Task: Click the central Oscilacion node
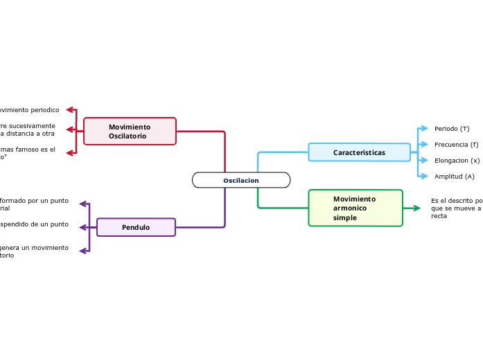tap(240, 180)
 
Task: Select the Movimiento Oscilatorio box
tap(130, 132)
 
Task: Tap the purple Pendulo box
tap(136, 227)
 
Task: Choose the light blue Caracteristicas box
tap(359, 152)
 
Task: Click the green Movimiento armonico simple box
tap(355, 208)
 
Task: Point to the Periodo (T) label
tap(451, 129)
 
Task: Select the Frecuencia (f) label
tap(456, 145)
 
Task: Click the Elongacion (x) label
tap(457, 161)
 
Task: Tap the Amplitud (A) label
tap(454, 177)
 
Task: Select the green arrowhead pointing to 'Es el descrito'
tap(416, 208)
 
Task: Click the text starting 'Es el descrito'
tap(456, 208)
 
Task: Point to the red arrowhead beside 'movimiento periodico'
tap(70, 109)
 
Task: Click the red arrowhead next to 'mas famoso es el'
tap(70, 153)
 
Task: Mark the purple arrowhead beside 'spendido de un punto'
tap(83, 225)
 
